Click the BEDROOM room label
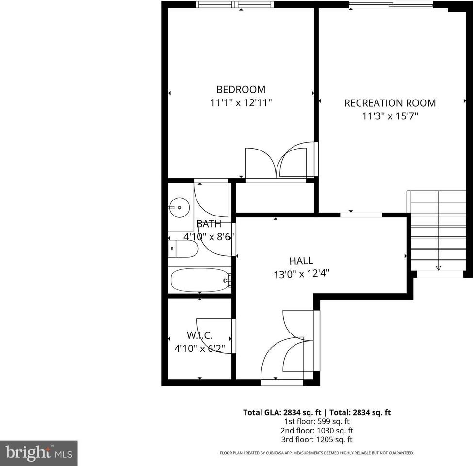click(x=241, y=90)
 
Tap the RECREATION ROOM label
click(x=390, y=103)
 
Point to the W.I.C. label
click(x=199, y=335)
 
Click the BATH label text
click(x=209, y=224)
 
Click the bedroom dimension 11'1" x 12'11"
click(x=241, y=103)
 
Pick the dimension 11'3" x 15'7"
click(x=390, y=116)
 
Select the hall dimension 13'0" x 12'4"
click(x=302, y=274)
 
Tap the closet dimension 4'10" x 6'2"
click(x=202, y=348)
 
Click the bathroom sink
click(x=180, y=208)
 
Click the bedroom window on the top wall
click(x=235, y=5)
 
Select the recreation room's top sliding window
click(x=391, y=5)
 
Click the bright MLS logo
click(x=38, y=453)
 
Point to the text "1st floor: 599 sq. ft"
click(x=316, y=421)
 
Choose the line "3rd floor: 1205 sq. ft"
click(x=316, y=440)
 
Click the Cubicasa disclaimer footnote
click(x=317, y=453)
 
